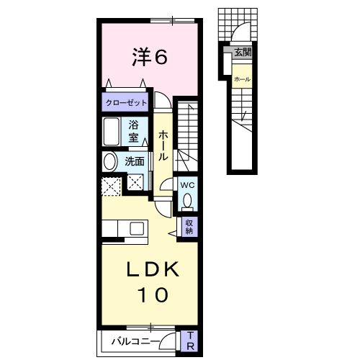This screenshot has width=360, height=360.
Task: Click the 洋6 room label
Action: tap(149, 56)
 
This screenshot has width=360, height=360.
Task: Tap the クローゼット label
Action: tap(126, 102)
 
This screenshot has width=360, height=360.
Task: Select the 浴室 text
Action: tap(135, 130)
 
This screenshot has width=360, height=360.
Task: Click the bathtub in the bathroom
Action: tap(112, 132)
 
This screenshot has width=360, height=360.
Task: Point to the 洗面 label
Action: tap(135, 161)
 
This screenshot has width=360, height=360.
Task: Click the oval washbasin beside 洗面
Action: tap(110, 162)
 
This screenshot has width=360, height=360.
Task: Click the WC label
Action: tap(186, 184)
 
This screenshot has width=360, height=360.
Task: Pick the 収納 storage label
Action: tap(189, 227)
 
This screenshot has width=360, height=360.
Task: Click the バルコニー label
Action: tap(135, 341)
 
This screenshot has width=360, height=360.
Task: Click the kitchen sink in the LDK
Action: tap(135, 230)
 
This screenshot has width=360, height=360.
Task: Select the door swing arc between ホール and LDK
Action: tap(163, 206)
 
